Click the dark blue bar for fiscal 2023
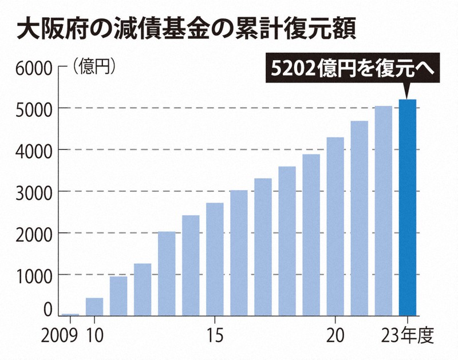tap(407, 207)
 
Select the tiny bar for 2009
tap(70, 314)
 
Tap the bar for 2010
tap(94, 307)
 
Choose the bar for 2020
tap(335, 227)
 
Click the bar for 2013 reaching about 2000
tap(167, 274)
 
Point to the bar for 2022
tap(383, 211)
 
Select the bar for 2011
tap(118, 296)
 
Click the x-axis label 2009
tap(60, 334)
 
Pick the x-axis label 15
tap(215, 334)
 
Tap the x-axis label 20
tap(335, 334)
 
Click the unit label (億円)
tap(94, 67)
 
